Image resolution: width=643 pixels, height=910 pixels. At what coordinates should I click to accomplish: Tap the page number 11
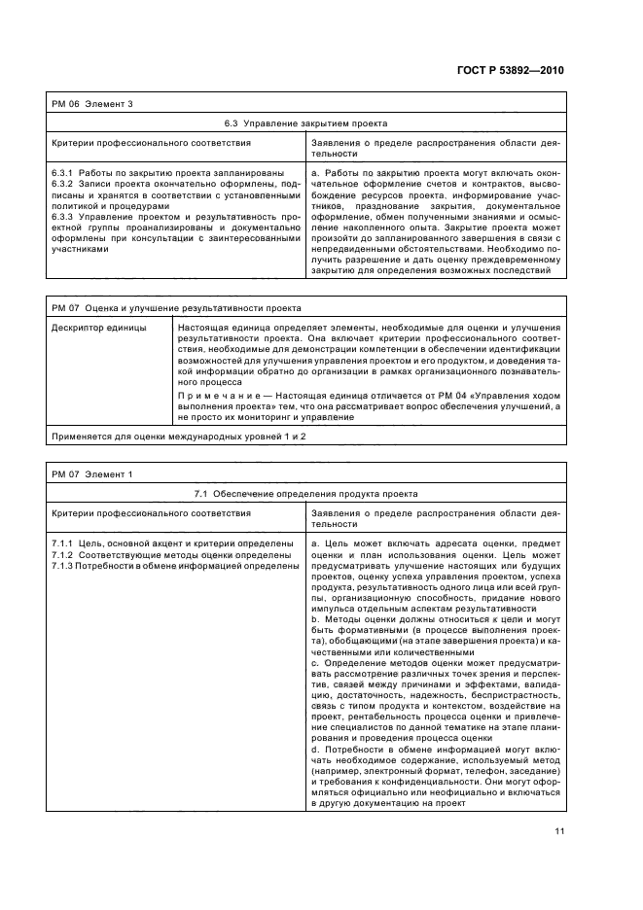pos(560,831)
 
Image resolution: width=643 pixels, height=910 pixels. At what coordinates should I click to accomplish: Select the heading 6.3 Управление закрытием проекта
pos(306,123)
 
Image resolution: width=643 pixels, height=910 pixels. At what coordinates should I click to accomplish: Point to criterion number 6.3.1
pos(62,172)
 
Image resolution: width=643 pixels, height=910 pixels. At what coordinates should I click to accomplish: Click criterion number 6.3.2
pos(62,183)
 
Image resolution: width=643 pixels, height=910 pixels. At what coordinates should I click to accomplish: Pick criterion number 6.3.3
pos(62,215)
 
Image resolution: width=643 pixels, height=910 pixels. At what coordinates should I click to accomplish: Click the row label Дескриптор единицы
pos(98,329)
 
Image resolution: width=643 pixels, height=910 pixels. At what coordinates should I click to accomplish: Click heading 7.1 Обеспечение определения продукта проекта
pos(306,494)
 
